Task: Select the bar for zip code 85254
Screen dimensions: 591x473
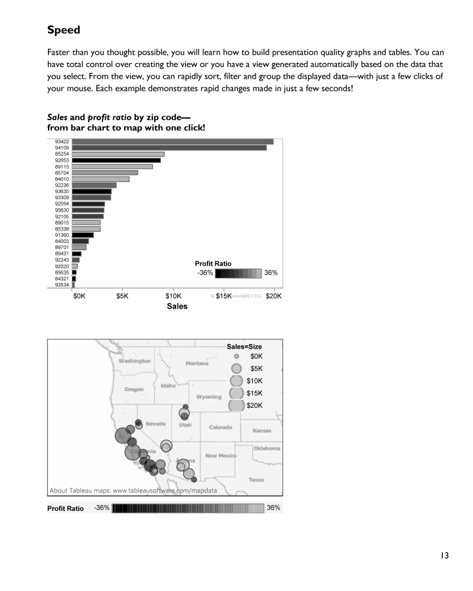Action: (118, 154)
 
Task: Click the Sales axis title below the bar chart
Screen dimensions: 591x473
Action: (176, 306)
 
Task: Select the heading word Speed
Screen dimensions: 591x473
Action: (64, 30)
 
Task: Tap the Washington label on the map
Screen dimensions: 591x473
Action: (135, 361)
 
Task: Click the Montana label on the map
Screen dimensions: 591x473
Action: (196, 364)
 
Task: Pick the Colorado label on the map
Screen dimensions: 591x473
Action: (220, 427)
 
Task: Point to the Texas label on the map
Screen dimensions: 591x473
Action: (256, 480)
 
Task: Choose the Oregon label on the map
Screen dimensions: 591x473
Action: (134, 389)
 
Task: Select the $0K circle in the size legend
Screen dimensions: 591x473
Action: (236, 355)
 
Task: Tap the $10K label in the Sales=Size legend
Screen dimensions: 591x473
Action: (255, 381)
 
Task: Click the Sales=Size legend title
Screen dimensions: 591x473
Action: (244, 345)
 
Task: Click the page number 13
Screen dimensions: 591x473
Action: (444, 556)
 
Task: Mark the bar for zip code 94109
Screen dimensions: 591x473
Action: (169, 148)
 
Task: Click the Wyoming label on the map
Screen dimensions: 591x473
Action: (209, 397)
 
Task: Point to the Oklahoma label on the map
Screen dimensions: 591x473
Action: (267, 449)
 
